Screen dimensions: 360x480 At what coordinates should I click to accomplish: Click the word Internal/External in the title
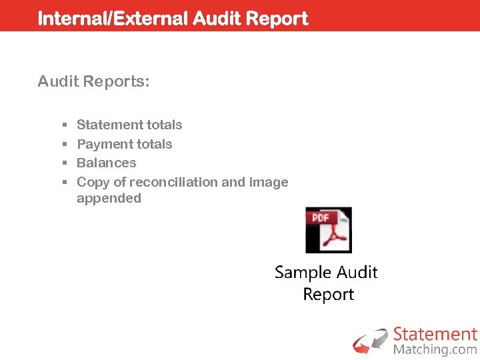[113, 19]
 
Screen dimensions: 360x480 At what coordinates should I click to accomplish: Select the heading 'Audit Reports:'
[94, 82]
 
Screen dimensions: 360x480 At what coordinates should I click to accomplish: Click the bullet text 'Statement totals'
[129, 125]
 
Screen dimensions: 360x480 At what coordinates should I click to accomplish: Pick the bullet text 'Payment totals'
[125, 144]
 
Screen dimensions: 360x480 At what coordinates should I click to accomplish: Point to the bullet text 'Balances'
[107, 163]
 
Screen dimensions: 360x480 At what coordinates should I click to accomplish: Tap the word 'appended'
[109, 198]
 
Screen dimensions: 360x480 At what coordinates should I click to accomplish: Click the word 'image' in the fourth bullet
[268, 182]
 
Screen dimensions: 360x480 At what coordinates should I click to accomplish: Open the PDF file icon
[328, 230]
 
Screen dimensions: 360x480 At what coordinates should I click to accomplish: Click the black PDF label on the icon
[319, 217]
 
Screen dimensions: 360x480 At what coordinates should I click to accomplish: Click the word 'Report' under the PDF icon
[328, 295]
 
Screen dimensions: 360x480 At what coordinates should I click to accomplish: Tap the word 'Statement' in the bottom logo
[435, 334]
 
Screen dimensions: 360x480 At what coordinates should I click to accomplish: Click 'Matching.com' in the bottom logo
[435, 349]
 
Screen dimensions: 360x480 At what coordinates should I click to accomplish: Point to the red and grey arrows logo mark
[370, 340]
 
